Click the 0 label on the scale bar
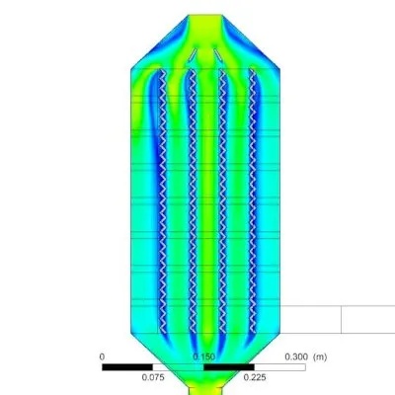[x=102, y=356]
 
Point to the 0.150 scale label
[x=203, y=356]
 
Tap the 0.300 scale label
[x=296, y=356]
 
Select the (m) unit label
[x=320, y=356]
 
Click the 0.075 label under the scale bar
[x=153, y=377]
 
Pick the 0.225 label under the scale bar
[x=255, y=377]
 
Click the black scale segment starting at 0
[x=127, y=367]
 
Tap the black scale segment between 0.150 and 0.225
[x=229, y=367]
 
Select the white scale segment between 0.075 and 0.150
[x=178, y=367]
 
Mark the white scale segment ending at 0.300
[x=279, y=367]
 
